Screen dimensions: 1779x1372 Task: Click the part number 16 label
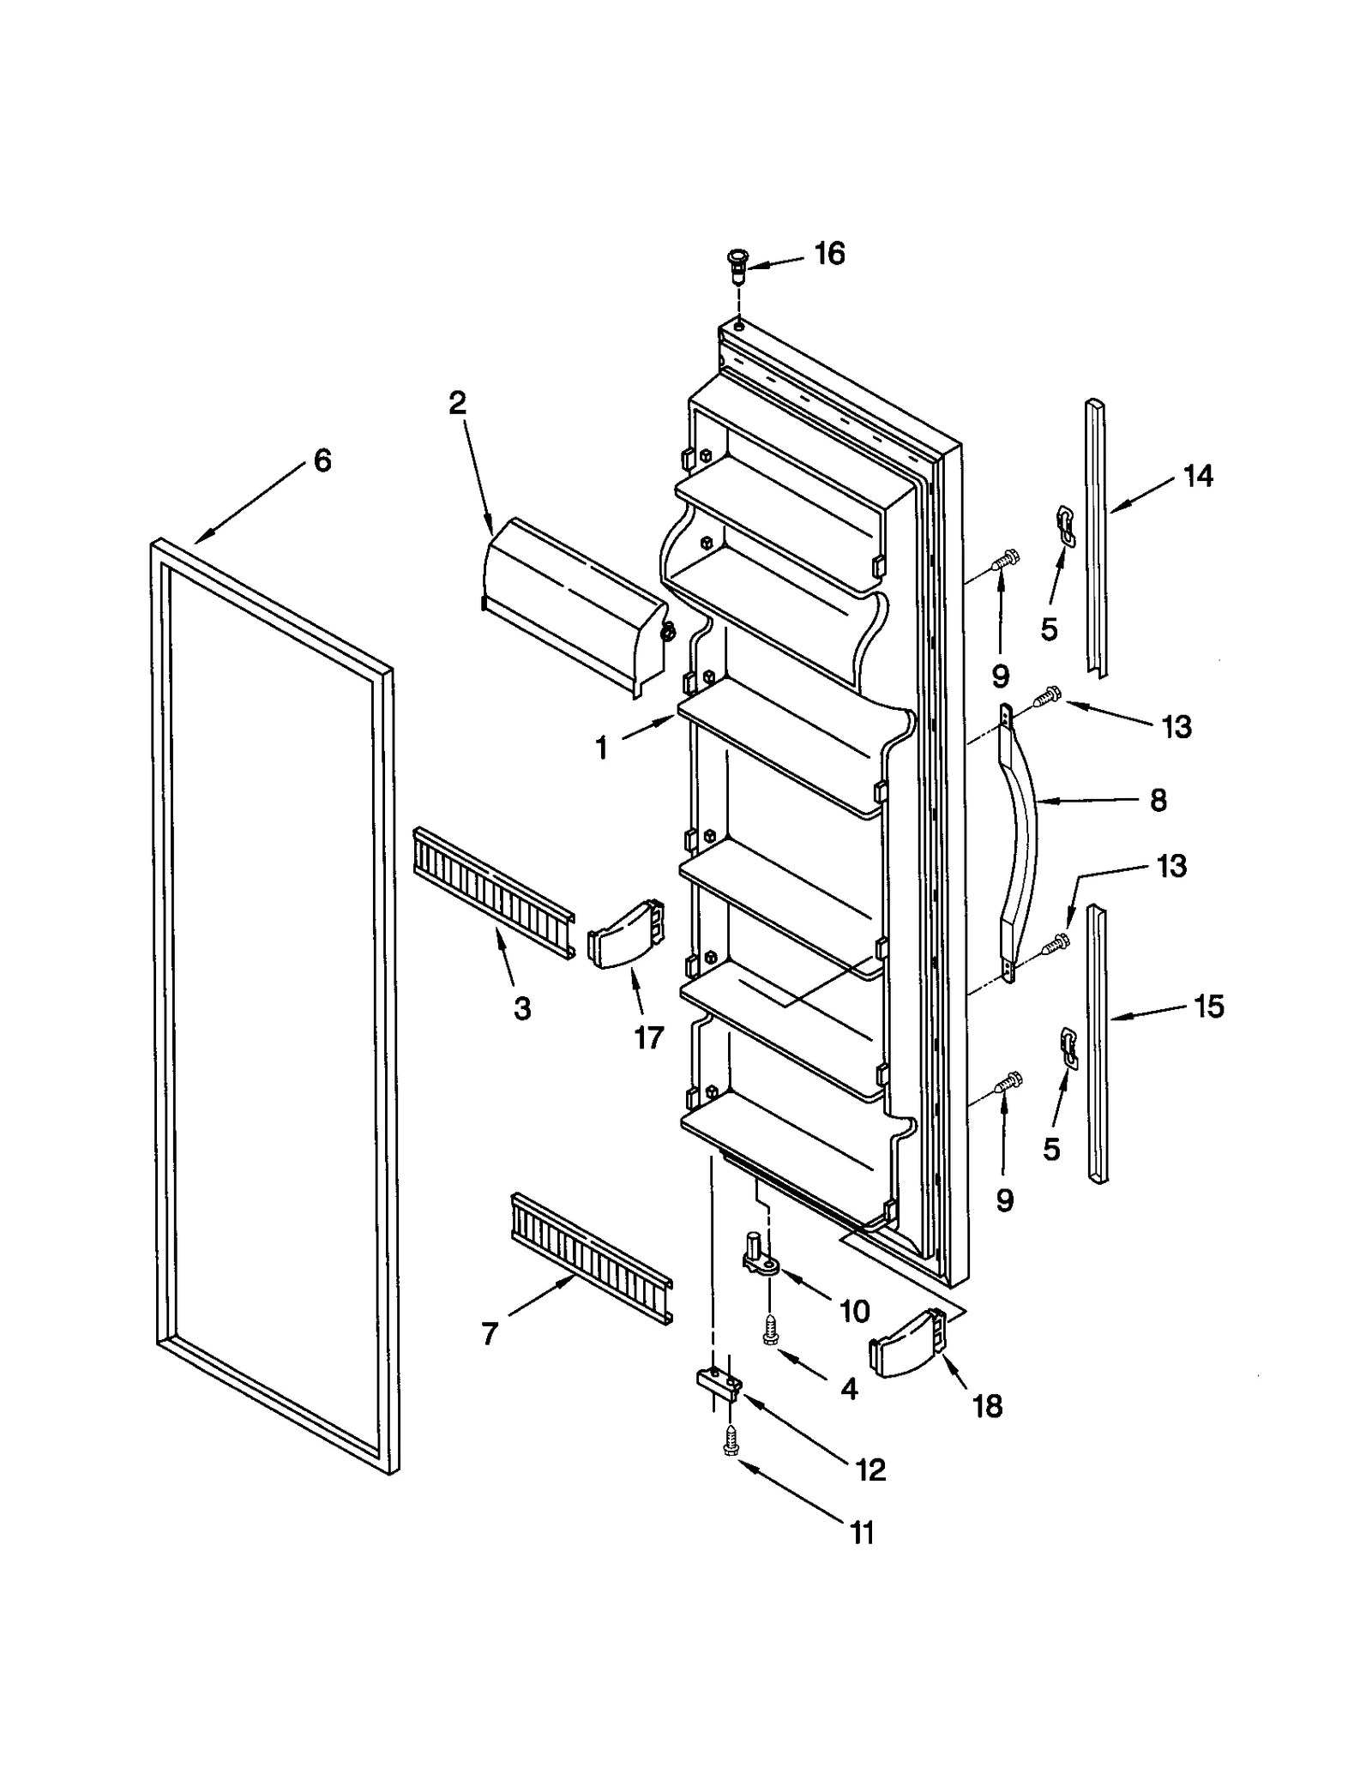click(x=828, y=254)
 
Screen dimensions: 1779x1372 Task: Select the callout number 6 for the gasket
click(x=322, y=461)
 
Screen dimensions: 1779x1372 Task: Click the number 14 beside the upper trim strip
click(x=1198, y=476)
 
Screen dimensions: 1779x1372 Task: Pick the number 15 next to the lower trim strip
click(x=1208, y=1006)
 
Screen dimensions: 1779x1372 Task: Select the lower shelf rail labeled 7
click(x=592, y=1257)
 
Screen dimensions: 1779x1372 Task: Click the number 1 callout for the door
click(x=601, y=748)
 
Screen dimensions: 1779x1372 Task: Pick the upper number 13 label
click(x=1176, y=727)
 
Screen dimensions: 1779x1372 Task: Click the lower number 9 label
click(x=1005, y=1200)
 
